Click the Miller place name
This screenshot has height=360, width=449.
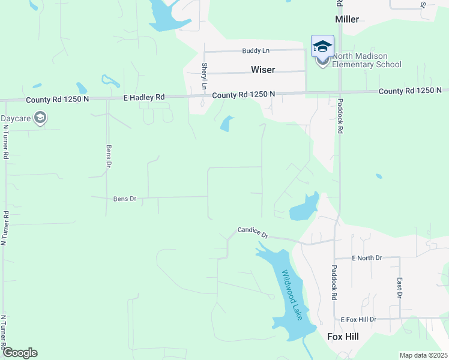pyautogui.click(x=347, y=19)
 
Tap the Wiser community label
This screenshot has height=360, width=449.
pyautogui.click(x=263, y=70)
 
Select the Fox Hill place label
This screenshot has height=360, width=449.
pyautogui.click(x=343, y=337)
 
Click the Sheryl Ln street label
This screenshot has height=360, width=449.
pyautogui.click(x=205, y=76)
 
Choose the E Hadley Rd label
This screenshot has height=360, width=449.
pyautogui.click(x=143, y=97)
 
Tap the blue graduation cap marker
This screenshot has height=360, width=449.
pyautogui.click(x=322, y=46)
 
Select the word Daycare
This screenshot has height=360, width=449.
pyautogui.click(x=16, y=118)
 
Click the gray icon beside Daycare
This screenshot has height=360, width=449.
pyautogui.click(x=40, y=118)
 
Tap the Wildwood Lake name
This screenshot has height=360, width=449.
pyautogui.click(x=293, y=295)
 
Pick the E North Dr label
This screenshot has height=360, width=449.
pyautogui.click(x=367, y=258)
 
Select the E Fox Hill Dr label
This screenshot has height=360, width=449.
pyautogui.click(x=358, y=320)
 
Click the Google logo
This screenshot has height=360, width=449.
pyautogui.click(x=20, y=353)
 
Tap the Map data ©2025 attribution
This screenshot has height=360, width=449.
pyautogui.click(x=423, y=355)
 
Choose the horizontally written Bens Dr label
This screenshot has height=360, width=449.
pyautogui.click(x=125, y=199)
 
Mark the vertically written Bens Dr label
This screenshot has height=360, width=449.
pyautogui.click(x=109, y=156)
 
